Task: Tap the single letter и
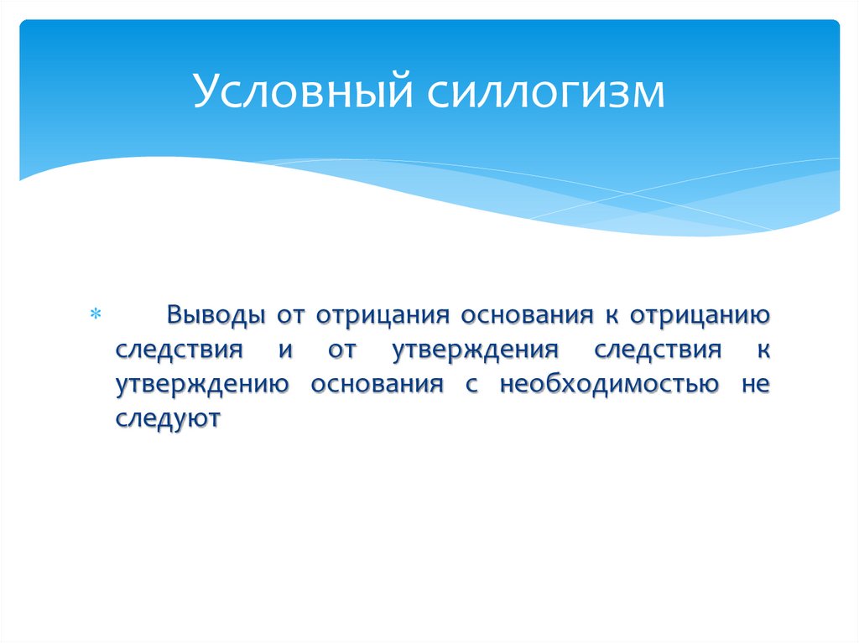(284, 350)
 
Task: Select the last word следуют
(168, 417)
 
